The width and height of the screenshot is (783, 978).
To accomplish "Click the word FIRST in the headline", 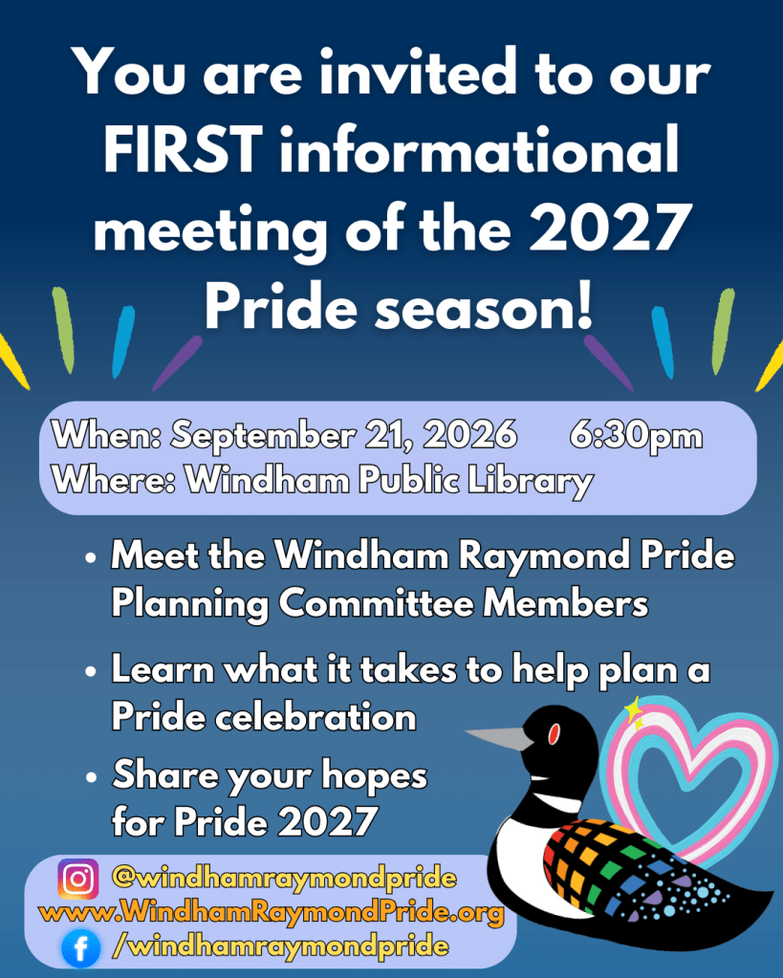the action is pyautogui.click(x=183, y=150).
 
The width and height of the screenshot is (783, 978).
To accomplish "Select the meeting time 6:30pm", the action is pyautogui.click(x=636, y=435).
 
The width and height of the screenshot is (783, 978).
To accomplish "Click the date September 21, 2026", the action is pyautogui.click(x=344, y=435).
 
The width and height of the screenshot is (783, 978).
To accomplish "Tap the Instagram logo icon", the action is pyautogui.click(x=78, y=879).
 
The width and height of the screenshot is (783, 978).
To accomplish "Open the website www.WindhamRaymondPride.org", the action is pyautogui.click(x=272, y=912).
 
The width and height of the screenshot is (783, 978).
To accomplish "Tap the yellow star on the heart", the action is pyautogui.click(x=635, y=711).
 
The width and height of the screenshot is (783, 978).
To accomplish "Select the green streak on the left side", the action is pyautogui.click(x=63, y=330).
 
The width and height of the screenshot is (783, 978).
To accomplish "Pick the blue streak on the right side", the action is pyautogui.click(x=663, y=342).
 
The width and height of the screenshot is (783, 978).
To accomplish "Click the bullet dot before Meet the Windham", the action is pyautogui.click(x=91, y=557).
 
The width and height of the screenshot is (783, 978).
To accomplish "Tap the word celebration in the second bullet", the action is pyautogui.click(x=315, y=717).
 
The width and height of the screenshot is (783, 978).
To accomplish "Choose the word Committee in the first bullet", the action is pyautogui.click(x=375, y=603).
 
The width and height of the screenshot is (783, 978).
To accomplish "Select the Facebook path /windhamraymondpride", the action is pyautogui.click(x=280, y=946).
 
